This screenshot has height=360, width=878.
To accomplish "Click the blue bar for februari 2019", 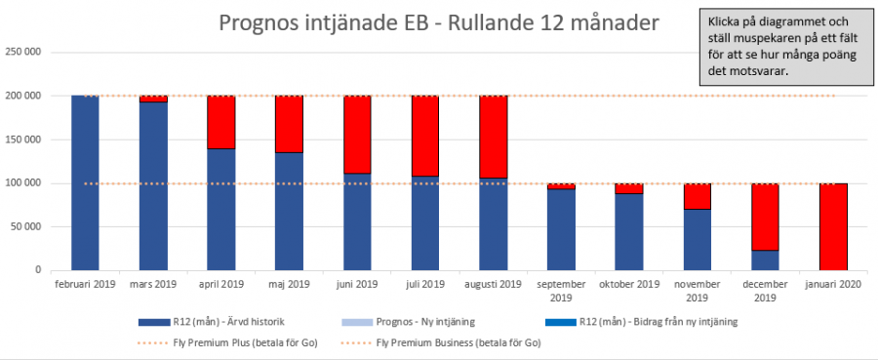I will [85, 182].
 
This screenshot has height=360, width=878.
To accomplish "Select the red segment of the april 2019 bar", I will [220, 122].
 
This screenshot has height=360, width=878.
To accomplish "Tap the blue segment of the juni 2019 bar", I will [357, 221].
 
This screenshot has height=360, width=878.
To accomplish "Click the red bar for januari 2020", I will [832, 226].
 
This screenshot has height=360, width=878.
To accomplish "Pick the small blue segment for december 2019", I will [765, 260].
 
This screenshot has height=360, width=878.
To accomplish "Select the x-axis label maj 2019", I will [289, 284].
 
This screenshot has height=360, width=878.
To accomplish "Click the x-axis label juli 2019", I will [424, 284].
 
